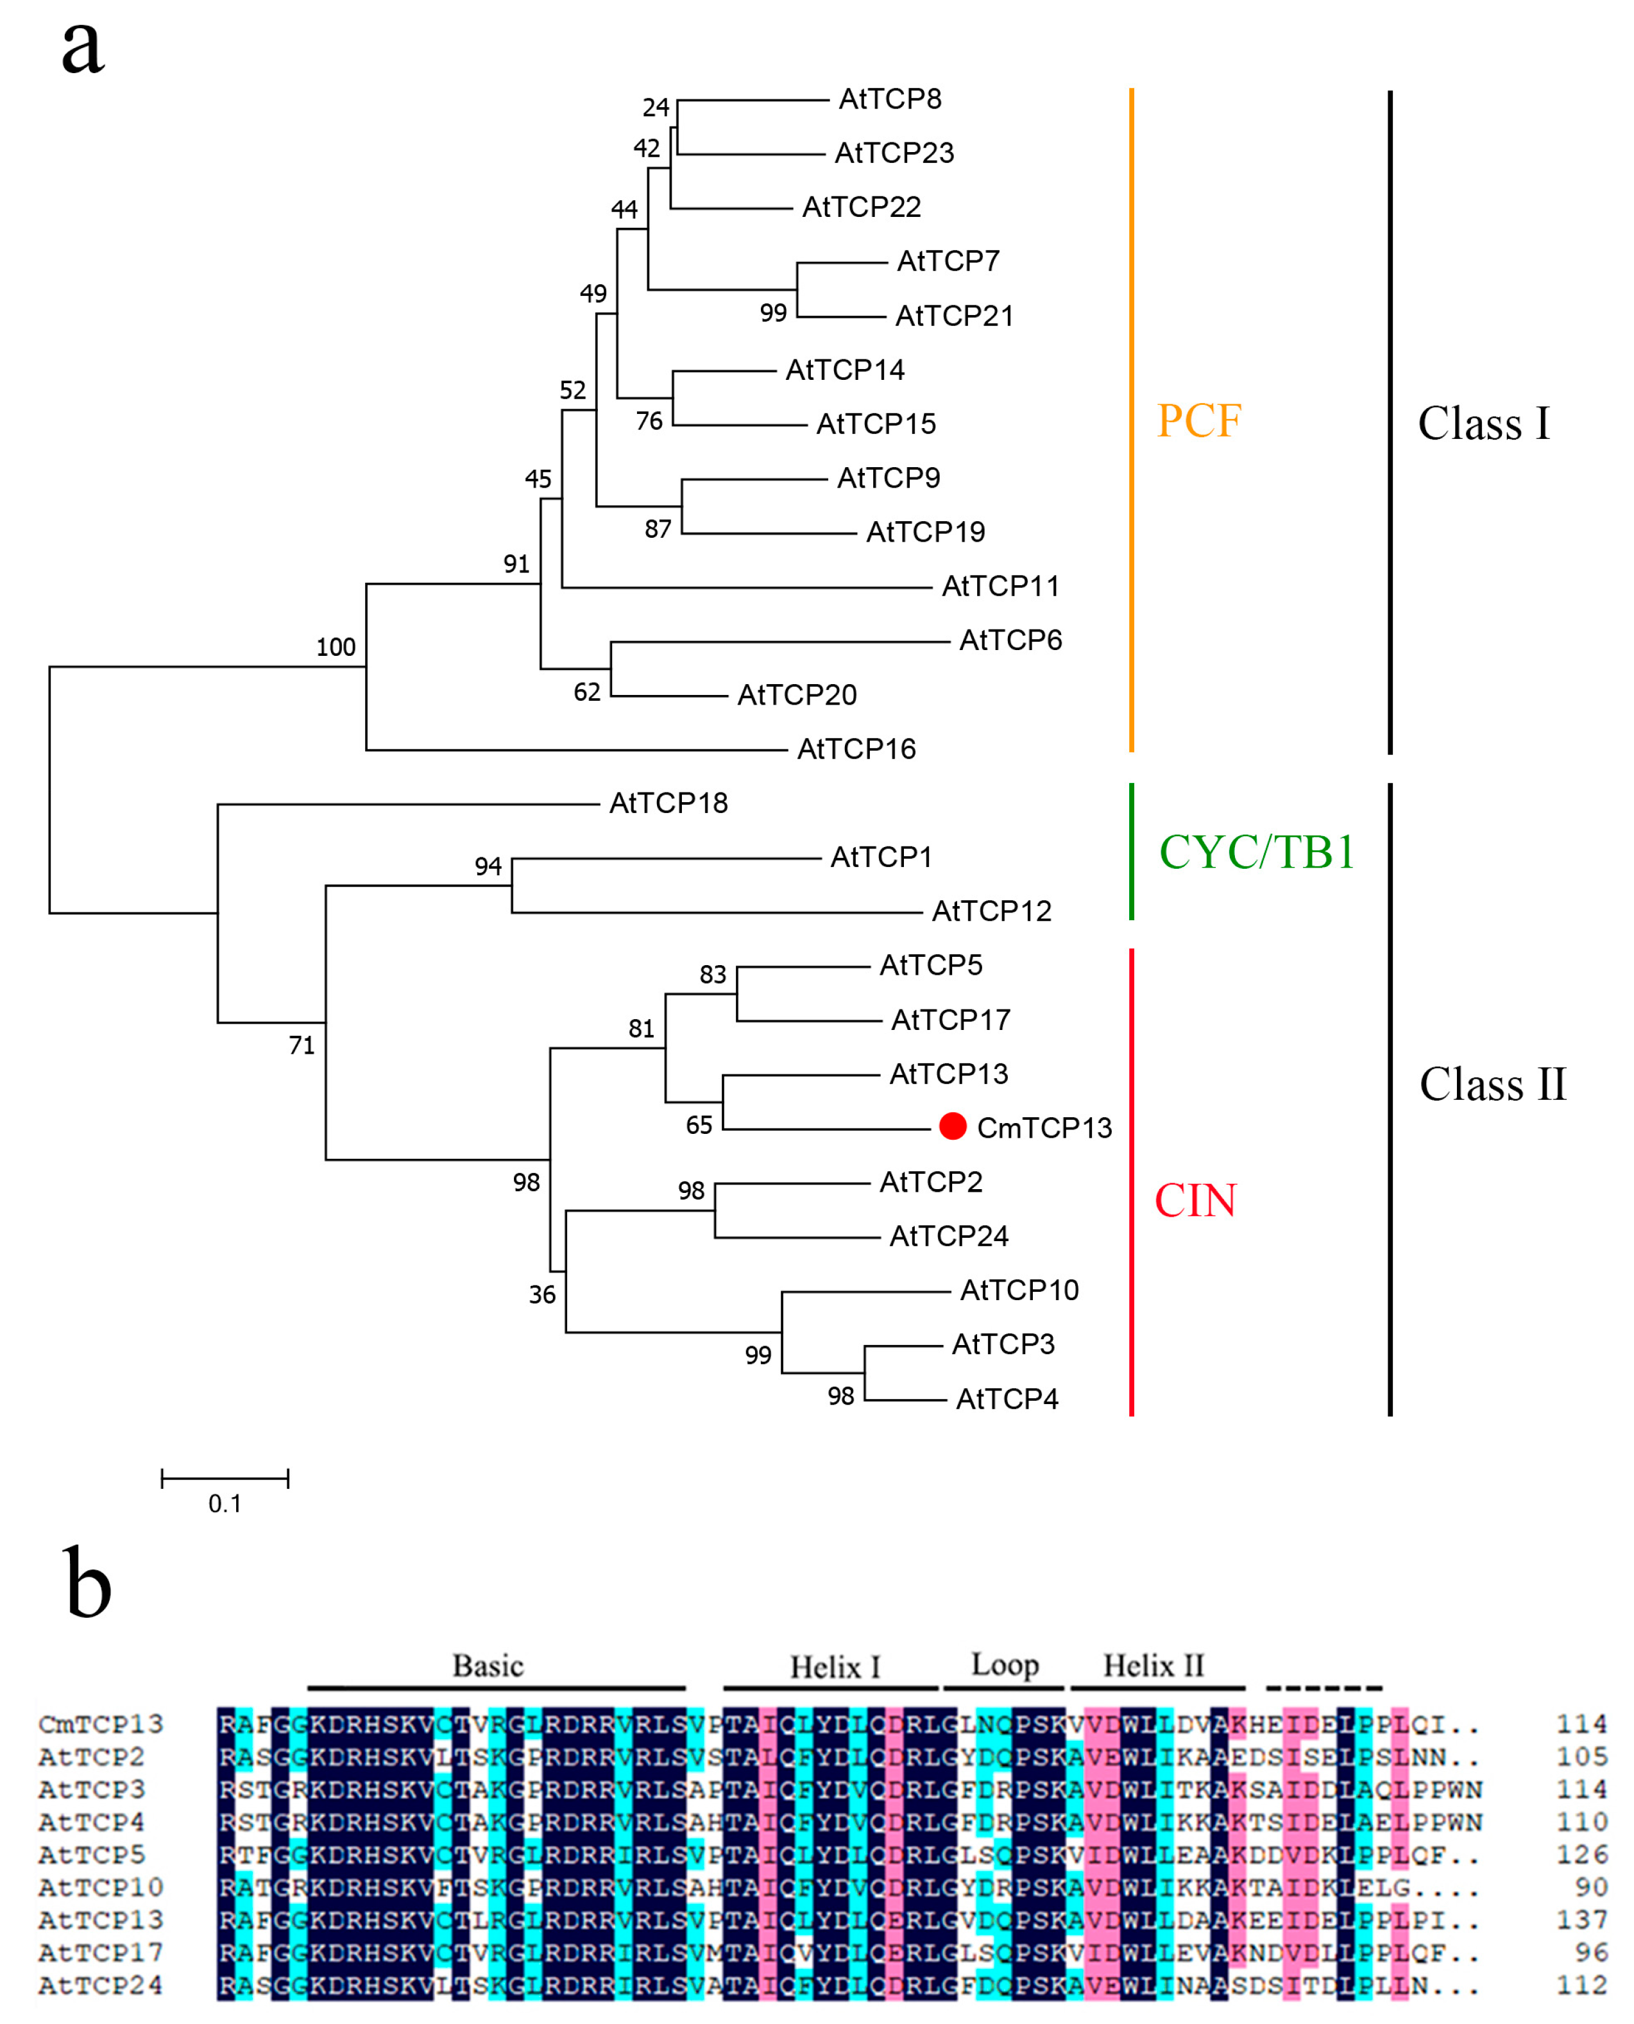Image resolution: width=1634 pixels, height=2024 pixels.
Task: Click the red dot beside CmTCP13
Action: (x=953, y=1126)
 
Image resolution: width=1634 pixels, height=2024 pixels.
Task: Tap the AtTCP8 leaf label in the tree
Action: (x=889, y=99)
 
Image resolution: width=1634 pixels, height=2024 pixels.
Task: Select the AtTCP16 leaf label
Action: (x=856, y=750)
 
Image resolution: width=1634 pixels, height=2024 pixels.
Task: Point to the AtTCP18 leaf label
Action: (x=668, y=803)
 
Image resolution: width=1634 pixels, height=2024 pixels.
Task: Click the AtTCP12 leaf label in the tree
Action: (x=991, y=911)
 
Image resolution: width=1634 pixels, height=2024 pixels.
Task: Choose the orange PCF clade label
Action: (x=1198, y=421)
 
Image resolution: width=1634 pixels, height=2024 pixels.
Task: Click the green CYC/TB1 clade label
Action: (x=1255, y=852)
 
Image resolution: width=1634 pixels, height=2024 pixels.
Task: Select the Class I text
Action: (x=1483, y=424)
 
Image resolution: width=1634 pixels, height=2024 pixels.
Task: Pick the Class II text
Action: (x=1492, y=1085)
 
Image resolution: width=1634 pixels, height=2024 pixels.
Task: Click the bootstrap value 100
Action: (x=335, y=648)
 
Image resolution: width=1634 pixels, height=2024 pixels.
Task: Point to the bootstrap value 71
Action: (x=301, y=1046)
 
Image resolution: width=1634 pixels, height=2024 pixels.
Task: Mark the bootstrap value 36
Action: (x=541, y=1296)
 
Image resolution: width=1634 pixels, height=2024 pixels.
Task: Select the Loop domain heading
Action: (x=1004, y=1665)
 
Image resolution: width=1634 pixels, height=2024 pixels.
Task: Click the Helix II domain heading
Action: (x=1153, y=1665)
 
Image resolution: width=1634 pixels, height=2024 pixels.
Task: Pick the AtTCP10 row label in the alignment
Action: (x=101, y=1887)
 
